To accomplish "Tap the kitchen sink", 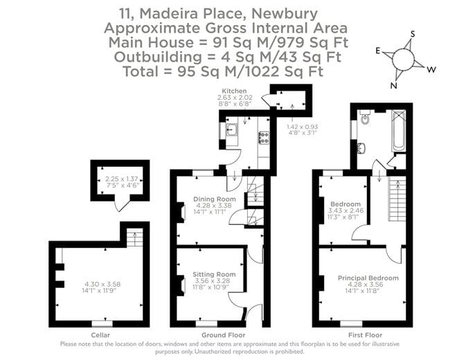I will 231,129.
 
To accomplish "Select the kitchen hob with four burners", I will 263,137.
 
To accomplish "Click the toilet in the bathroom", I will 365,119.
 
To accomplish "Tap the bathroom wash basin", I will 361,147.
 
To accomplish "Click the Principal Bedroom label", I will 368,278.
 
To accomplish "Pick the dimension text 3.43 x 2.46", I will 344,210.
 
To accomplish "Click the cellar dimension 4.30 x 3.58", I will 102,285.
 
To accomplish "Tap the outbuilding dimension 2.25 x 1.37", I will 119,178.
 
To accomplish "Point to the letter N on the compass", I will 394,85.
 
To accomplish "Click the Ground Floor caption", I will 217,334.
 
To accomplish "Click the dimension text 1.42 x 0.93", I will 302,127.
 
